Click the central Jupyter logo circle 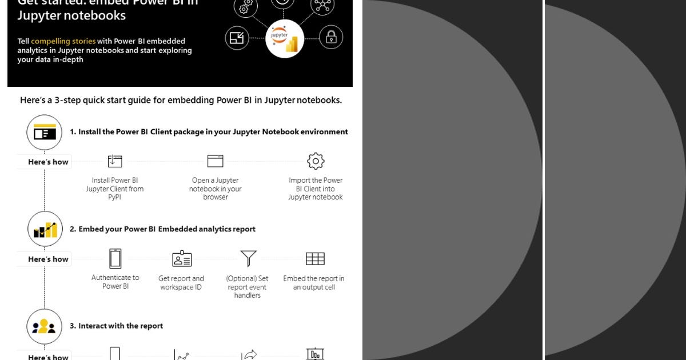[x=285, y=38]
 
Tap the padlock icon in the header [x=331, y=38]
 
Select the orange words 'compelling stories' [x=63, y=41]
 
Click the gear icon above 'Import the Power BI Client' [x=316, y=161]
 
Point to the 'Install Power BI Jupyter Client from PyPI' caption [x=115, y=189]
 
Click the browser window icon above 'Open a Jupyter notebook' [x=216, y=161]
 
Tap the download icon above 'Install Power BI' [x=115, y=161]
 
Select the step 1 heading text [x=209, y=131]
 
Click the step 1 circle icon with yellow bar [x=45, y=133]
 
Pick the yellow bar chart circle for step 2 [x=45, y=230]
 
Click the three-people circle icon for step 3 [x=45, y=326]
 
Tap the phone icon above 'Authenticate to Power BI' [x=115, y=258]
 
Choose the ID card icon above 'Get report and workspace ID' [x=182, y=259]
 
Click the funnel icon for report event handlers [x=248, y=258]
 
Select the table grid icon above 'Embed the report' [x=315, y=259]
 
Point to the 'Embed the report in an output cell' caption [x=314, y=283]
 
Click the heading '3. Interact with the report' [x=117, y=326]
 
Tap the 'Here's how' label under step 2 [x=48, y=259]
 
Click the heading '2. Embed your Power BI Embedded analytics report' [x=162, y=229]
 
